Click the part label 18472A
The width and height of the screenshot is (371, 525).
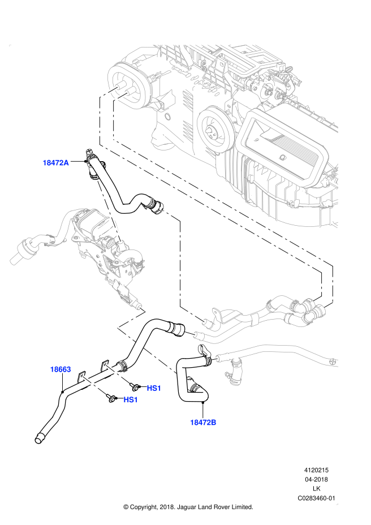[55, 163]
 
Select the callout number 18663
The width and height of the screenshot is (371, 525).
[61, 369]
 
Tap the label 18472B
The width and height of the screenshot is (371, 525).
[203, 423]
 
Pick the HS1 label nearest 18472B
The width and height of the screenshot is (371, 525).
[154, 388]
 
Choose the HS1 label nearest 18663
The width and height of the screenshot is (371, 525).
[131, 400]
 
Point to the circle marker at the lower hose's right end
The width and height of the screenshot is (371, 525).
[333, 361]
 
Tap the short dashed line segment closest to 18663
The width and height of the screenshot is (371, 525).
[94, 385]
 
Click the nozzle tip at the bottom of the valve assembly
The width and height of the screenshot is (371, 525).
[138, 306]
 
